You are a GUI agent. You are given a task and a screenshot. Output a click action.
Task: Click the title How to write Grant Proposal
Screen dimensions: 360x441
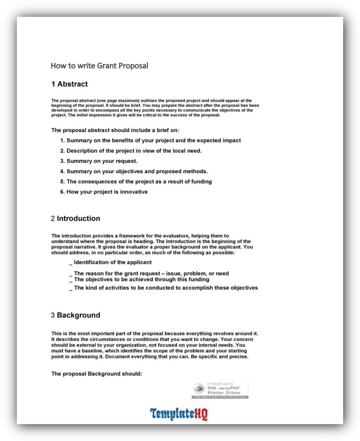(x=99, y=66)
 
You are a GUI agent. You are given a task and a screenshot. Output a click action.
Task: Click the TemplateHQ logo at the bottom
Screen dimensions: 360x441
(x=179, y=414)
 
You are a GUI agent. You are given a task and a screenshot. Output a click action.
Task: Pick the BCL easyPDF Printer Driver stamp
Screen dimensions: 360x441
(x=220, y=389)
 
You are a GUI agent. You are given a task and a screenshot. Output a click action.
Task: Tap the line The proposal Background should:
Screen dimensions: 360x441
(x=97, y=374)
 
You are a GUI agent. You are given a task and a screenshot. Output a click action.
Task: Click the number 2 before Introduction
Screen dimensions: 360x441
(x=53, y=218)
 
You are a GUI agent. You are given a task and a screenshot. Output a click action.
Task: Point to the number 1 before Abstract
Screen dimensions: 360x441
(x=53, y=84)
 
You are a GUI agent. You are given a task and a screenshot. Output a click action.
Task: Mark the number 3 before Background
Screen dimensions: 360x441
(x=53, y=315)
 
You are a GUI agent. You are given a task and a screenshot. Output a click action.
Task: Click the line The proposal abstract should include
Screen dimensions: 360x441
(x=115, y=130)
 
